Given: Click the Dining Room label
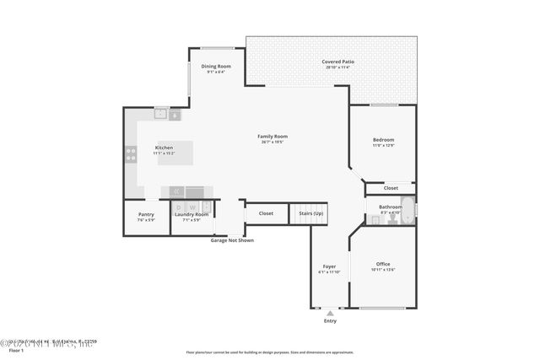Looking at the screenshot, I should point(216,66).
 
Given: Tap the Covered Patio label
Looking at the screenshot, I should point(337,62).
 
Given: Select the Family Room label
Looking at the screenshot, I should point(273,136).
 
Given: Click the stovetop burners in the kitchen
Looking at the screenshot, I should point(131,154).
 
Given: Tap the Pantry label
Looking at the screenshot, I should point(146,214).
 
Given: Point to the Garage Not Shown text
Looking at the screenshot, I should point(232,240).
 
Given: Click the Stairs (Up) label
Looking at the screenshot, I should point(311,213).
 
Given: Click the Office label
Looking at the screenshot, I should point(382,264).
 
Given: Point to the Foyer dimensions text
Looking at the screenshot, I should point(329,272).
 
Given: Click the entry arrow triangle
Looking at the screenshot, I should point(329,312).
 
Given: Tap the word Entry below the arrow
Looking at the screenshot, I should point(329,320).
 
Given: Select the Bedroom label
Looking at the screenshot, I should point(384,139).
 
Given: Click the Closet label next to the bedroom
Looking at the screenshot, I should point(391,187).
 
